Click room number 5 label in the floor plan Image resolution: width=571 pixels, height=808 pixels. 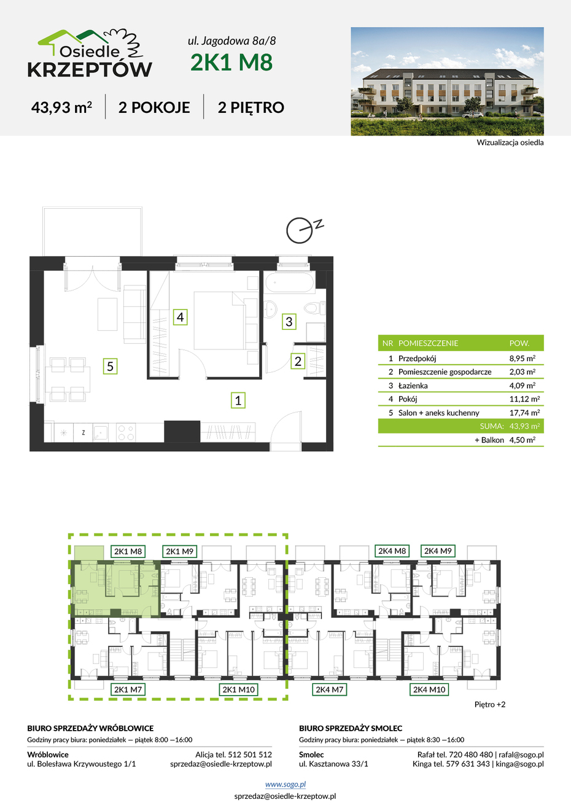pos(110,366)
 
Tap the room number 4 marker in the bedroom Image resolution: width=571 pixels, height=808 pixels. pos(180,317)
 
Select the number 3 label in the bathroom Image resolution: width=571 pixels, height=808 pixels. pos(289,321)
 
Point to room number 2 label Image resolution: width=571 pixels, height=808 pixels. pos(298,361)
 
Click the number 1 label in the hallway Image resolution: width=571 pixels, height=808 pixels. pos(238,400)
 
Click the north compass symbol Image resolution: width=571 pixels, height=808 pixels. pos(303,230)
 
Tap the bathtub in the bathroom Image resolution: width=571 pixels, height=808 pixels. pos(289,282)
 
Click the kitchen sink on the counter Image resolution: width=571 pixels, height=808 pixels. pos(100,432)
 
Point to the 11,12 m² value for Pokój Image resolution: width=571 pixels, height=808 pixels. pos(524,399)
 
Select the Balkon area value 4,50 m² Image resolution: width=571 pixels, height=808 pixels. pos(522,440)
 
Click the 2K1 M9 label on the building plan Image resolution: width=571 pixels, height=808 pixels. pos(179,551)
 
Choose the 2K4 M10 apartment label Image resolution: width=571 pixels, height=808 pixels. pos(429,690)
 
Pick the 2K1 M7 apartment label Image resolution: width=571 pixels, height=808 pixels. pos(128,690)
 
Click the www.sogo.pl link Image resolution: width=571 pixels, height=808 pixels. pos(285,784)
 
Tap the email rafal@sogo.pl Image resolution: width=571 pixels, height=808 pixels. pos(521,755)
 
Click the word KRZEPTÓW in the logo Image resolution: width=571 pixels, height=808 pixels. pos(90,69)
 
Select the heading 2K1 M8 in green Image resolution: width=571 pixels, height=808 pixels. pos(231,62)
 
